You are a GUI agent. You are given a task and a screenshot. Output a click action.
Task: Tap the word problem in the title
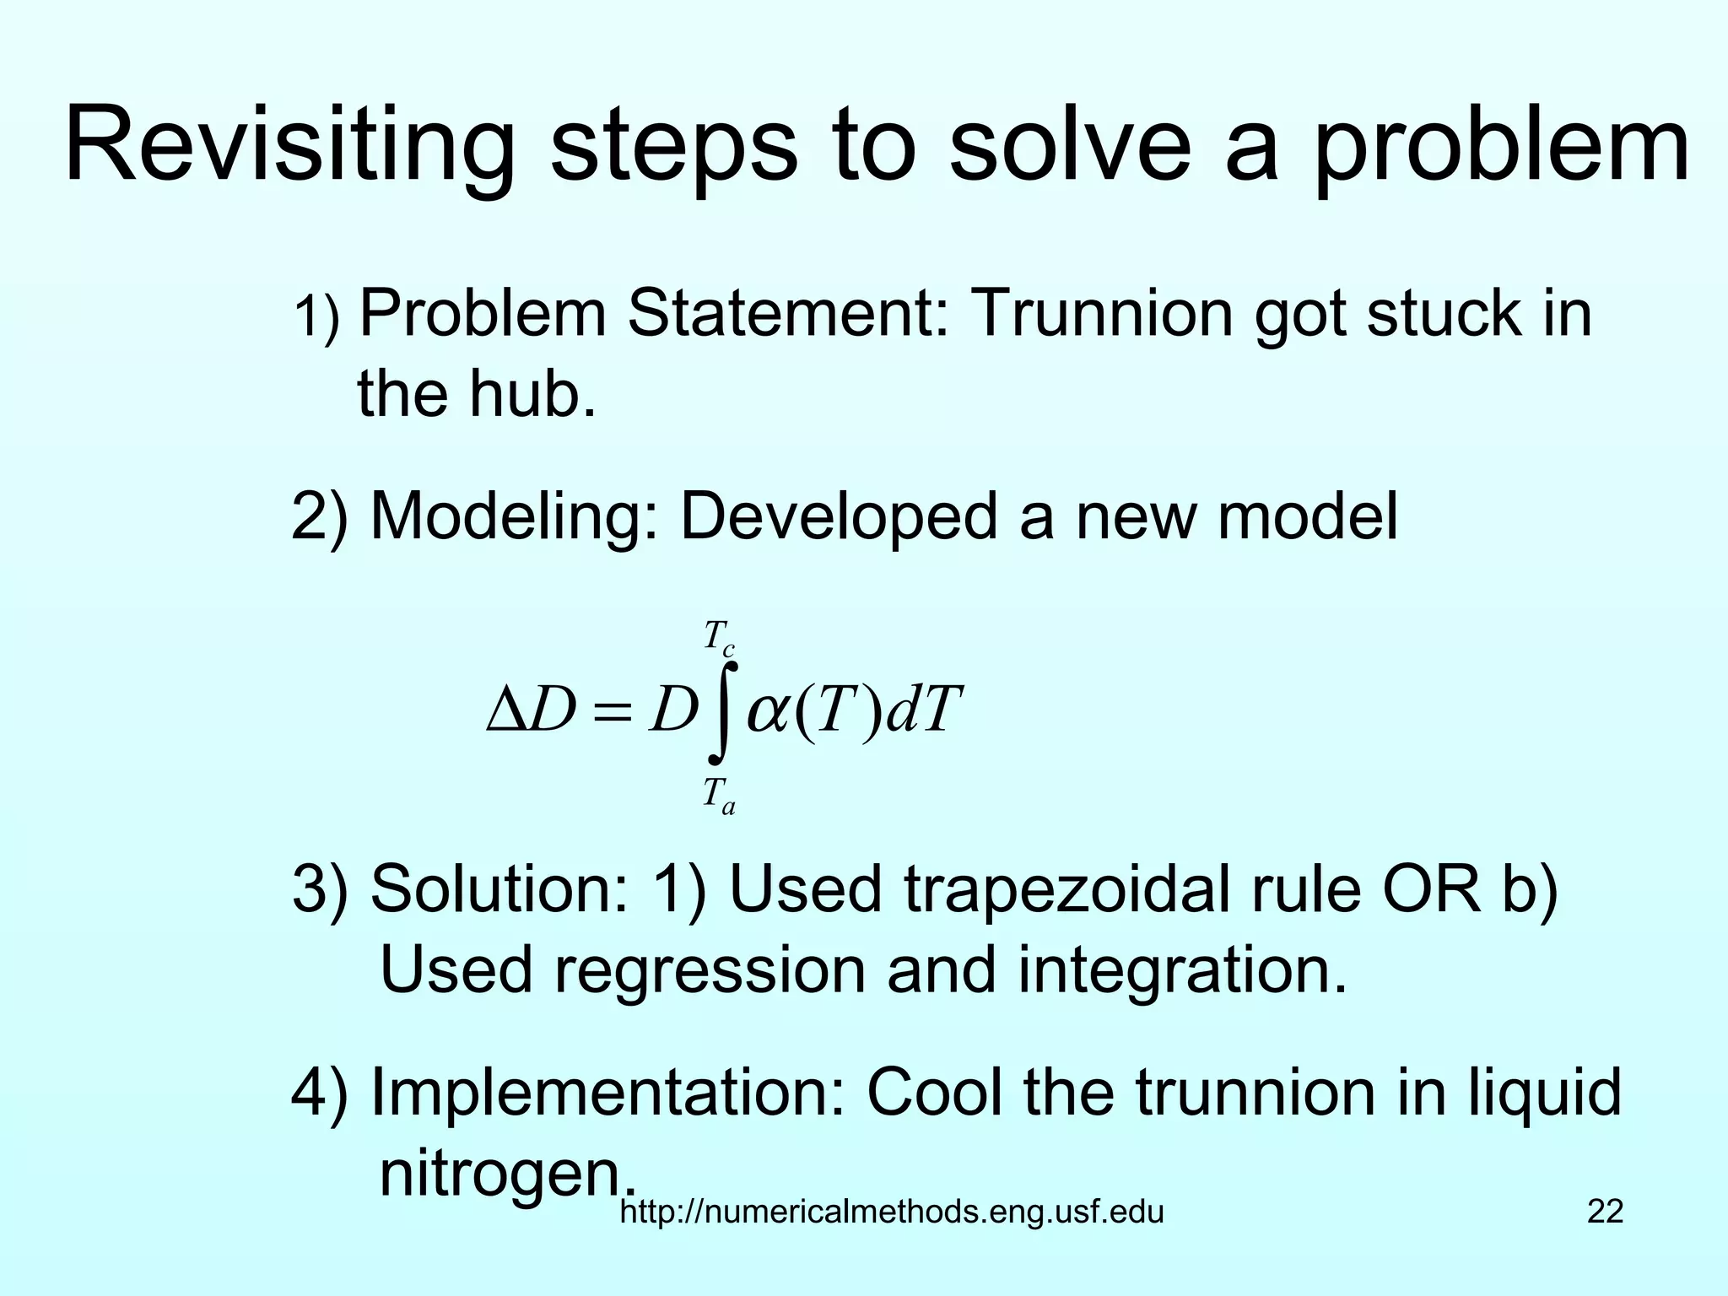1501,145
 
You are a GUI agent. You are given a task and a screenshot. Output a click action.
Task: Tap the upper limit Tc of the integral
719,637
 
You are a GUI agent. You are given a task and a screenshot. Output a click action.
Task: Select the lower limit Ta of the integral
719,796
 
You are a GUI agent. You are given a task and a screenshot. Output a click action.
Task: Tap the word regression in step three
710,970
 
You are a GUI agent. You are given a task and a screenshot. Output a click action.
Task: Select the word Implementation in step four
607,1093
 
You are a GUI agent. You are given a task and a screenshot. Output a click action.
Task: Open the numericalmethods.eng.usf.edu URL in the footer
892,1212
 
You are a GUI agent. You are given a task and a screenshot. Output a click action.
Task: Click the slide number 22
1605,1212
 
